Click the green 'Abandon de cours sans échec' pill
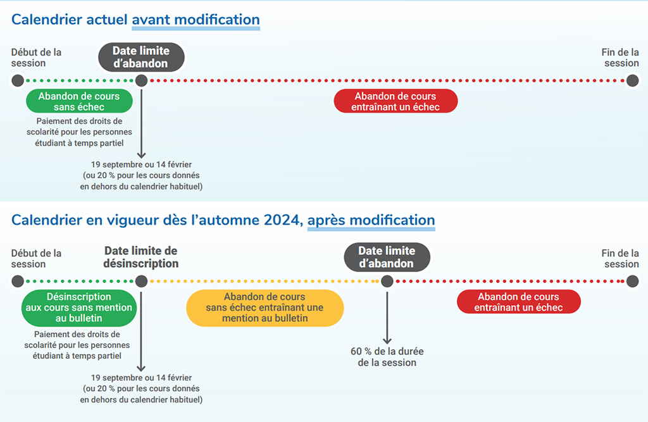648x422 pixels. [79, 101]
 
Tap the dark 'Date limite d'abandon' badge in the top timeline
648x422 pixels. [141, 57]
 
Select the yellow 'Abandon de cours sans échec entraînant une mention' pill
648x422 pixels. [265, 307]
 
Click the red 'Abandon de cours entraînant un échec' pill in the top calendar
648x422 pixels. [396, 101]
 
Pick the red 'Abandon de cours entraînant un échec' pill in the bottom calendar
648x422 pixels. [519, 302]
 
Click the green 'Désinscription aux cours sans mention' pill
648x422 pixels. [79, 307]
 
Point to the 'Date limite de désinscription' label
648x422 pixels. [141, 257]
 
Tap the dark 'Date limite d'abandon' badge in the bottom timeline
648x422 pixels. [387, 257]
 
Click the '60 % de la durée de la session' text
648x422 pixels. [387, 357]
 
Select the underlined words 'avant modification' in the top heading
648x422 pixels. [196, 20]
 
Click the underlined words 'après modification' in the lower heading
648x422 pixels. [371, 220]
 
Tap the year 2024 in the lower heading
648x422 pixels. [282, 220]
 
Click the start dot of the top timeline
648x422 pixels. [18, 80]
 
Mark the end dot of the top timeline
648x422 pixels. [632, 80]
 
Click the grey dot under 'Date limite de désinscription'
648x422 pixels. [141, 281]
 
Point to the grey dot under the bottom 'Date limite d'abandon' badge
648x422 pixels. [387, 281]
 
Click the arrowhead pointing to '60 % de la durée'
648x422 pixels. [387, 341]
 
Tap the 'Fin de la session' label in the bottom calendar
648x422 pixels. [620, 258]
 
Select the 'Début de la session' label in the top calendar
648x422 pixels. [36, 58]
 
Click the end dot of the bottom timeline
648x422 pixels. [632, 281]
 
